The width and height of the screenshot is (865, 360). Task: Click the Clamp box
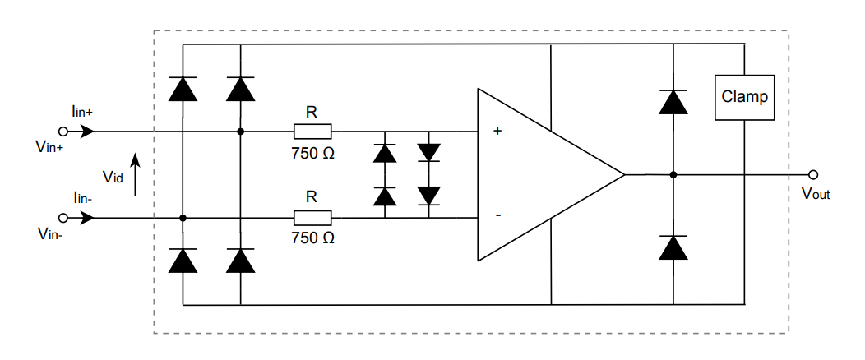tap(744, 97)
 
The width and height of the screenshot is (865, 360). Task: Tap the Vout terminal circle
tap(813, 174)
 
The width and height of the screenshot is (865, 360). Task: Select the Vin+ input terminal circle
tap(62, 131)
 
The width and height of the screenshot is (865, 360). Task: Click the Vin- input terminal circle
tap(62, 218)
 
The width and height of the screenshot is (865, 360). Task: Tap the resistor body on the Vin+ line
tap(312, 131)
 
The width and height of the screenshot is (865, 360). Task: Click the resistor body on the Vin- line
tap(312, 218)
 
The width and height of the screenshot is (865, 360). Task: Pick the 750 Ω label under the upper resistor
tap(312, 152)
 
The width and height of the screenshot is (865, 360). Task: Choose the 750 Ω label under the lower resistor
tap(312, 238)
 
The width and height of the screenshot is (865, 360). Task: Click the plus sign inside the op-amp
tap(497, 131)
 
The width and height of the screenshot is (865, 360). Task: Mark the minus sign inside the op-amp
tap(497, 215)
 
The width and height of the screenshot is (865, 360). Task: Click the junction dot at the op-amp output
tap(673, 174)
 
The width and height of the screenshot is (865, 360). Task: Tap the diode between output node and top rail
tap(673, 101)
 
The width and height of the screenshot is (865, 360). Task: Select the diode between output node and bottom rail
tap(673, 247)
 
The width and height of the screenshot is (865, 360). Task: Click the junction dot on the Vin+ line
tap(240, 131)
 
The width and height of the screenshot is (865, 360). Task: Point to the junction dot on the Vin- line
tap(183, 218)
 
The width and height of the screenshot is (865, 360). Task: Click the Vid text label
tap(113, 178)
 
